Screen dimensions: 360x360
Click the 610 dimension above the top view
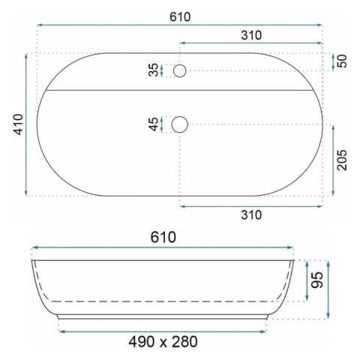(180, 17)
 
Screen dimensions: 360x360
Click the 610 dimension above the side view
(163, 237)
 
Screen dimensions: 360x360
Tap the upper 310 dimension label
(251, 35)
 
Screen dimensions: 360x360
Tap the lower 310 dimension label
(251, 214)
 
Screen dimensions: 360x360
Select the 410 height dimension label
(19, 124)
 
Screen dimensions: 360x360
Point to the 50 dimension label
(342, 61)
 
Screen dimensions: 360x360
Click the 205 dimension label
(342, 160)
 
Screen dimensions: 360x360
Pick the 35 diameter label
(153, 70)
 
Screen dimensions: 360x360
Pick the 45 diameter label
(153, 124)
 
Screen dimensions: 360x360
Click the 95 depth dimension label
(317, 280)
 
